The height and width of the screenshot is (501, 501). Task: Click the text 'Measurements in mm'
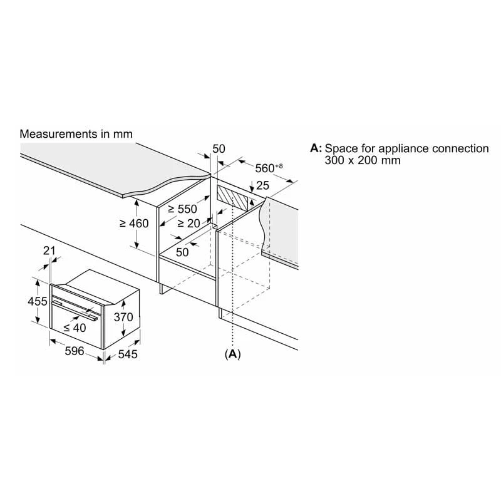(76, 134)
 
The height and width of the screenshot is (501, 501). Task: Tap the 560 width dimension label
(268, 168)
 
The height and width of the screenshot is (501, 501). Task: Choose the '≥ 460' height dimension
(133, 223)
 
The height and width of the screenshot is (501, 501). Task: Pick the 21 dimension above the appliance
(50, 251)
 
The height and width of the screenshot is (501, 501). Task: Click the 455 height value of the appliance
(38, 301)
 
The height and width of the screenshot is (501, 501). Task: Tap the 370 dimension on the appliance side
(123, 318)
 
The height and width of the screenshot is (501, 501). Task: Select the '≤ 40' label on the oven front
(75, 327)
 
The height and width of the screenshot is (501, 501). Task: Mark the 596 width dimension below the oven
(75, 351)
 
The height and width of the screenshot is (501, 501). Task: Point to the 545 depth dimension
(127, 354)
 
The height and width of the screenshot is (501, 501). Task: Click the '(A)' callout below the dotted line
(232, 354)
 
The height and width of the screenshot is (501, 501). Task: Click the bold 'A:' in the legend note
(316, 148)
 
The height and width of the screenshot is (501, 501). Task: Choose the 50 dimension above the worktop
(219, 148)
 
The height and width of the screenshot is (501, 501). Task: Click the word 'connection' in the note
(459, 148)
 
